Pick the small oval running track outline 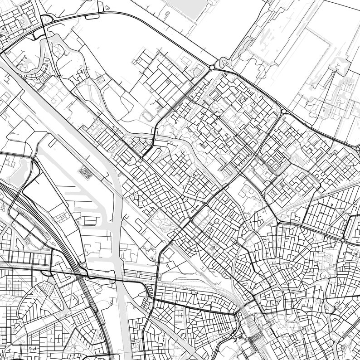pyautogui.click(x=148, y=115)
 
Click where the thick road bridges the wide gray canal pyautogui.click(x=118, y=277)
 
